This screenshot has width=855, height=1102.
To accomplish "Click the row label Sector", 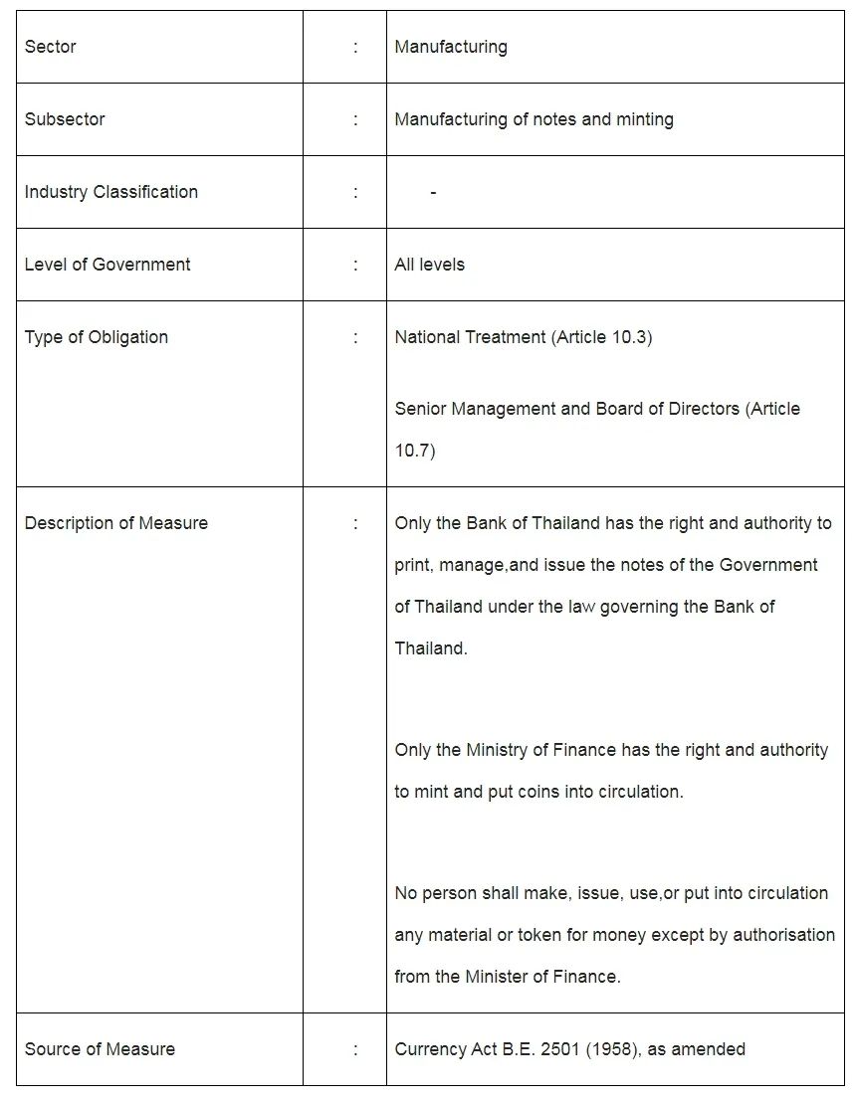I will pos(50,47).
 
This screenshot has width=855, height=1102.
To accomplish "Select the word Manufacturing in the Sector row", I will pos(451,47).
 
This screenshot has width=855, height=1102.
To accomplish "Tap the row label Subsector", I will pos(65,119).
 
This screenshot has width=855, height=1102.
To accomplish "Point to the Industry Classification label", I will pos(111,192).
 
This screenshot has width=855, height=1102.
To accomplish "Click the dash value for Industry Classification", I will pos(433,192).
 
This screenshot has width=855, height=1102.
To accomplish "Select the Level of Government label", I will pos(107,265).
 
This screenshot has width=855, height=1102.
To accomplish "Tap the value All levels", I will pos(429,265).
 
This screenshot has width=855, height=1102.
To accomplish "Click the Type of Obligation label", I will pos(97,337).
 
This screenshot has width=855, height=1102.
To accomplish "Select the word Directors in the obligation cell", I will pos(702,409).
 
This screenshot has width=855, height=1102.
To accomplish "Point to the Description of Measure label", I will pos(116,523).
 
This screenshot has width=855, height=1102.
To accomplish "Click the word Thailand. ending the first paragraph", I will pos(431,648).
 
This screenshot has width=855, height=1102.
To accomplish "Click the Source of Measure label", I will pos(100,1049).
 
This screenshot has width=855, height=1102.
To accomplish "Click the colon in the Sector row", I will pos(355,47).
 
